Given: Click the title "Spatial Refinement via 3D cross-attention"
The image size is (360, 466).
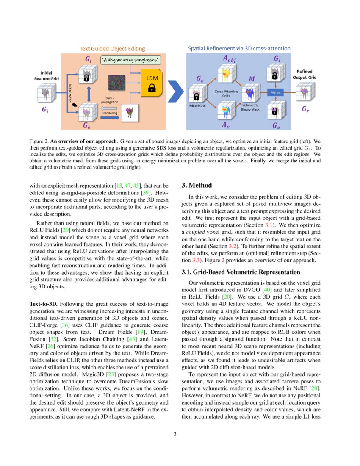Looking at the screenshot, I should tap(239, 48).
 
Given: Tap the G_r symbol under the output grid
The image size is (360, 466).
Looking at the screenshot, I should tap(305, 109).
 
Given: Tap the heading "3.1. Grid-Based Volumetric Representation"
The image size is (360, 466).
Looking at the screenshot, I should tap(241, 272).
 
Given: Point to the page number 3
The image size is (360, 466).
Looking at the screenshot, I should tap(180, 434).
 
